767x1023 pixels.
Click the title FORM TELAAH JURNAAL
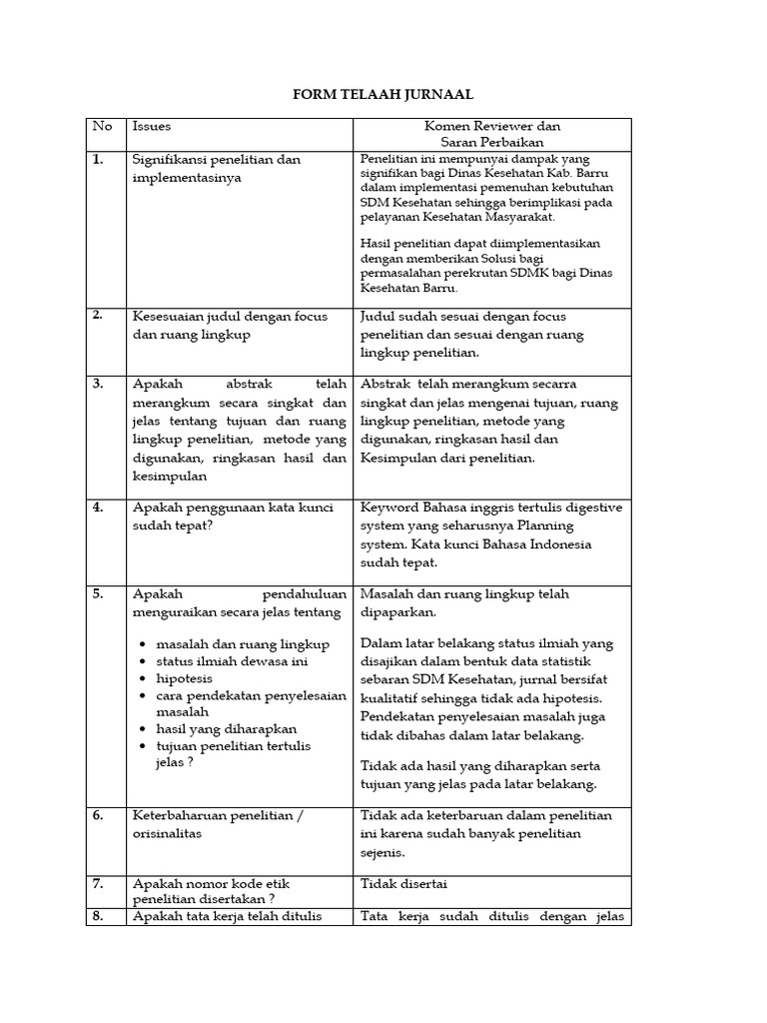tap(383, 95)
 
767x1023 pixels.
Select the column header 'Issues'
tap(152, 127)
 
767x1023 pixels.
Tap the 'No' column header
tap(102, 127)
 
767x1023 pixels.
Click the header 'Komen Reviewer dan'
tap(491, 127)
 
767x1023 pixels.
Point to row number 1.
tap(98, 160)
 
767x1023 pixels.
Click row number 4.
tap(98, 508)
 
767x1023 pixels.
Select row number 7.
tap(98, 884)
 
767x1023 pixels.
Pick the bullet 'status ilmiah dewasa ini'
tap(230, 661)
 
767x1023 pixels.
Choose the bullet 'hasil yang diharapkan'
tap(221, 729)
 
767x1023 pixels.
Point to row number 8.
tap(98, 916)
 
